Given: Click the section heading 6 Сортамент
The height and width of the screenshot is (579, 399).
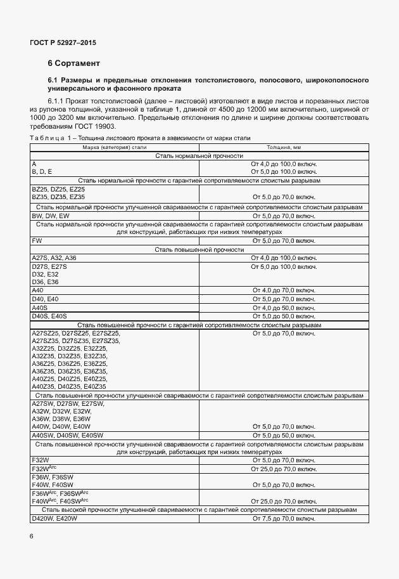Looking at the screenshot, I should [x=73, y=64].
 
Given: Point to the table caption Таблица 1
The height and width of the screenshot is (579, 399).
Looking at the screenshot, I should [x=48, y=138].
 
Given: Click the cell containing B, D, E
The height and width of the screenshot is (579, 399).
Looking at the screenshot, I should [x=42, y=172].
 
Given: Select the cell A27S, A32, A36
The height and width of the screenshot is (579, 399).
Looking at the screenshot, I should [x=54, y=258].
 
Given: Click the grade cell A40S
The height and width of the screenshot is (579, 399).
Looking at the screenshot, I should [x=39, y=307].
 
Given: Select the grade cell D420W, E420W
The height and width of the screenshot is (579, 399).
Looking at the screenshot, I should [x=54, y=519].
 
